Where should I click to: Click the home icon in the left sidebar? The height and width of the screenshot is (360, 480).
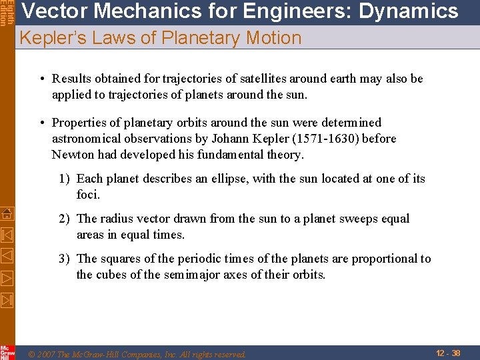(7, 213)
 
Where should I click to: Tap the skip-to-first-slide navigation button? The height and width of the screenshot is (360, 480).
(7, 235)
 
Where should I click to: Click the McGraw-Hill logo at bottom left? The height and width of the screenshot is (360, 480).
(7, 352)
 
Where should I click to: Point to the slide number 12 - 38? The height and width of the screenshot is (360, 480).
(448, 353)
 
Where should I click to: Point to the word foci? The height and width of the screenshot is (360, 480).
(88, 195)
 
